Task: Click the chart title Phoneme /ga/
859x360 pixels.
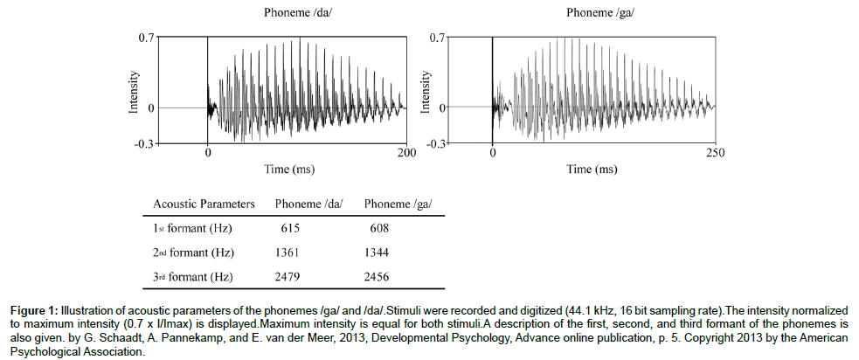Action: pos(600,12)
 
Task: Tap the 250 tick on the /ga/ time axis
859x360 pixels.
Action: pos(715,151)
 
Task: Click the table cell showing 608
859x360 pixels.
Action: pos(378,228)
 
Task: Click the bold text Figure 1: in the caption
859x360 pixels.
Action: pos(33,310)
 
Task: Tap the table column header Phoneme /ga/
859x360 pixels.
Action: pos(398,204)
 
